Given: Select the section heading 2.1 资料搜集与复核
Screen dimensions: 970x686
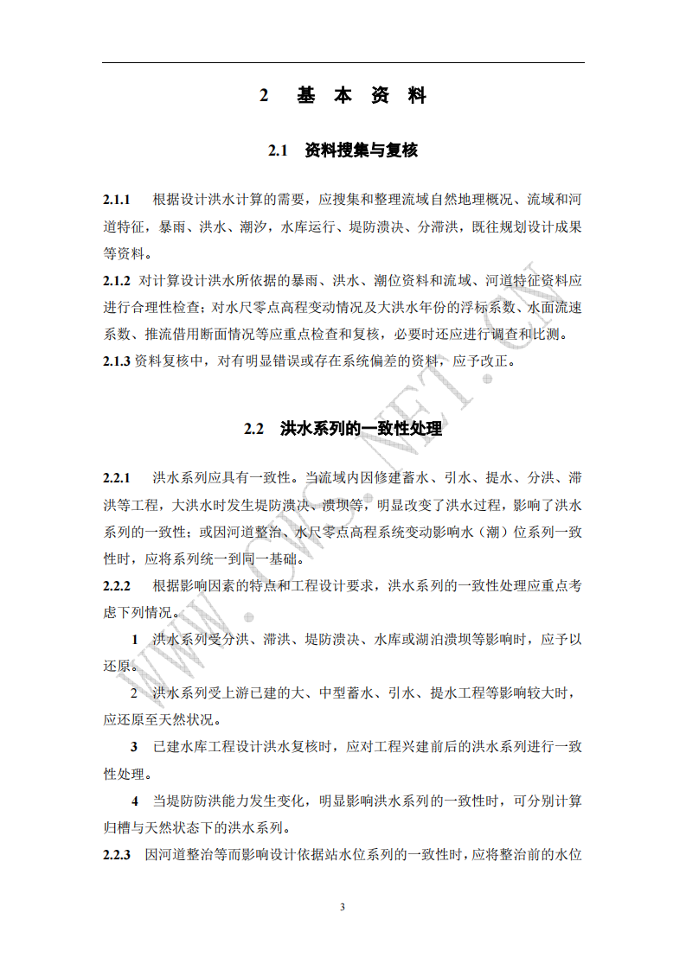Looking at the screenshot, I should [x=343, y=150].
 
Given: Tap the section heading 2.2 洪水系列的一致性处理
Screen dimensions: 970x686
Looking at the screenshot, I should [x=343, y=428].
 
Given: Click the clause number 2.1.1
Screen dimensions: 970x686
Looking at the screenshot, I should [x=116, y=201].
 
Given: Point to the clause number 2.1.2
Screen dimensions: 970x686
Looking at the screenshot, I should [x=116, y=281].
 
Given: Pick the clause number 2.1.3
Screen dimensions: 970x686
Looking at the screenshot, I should [x=116, y=361].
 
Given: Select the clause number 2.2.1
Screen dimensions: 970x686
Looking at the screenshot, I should [x=116, y=478].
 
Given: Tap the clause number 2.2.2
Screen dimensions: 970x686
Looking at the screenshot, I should [x=116, y=585].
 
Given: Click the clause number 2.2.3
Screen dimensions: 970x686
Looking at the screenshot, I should [x=116, y=855].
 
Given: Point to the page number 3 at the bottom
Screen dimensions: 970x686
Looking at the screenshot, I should [x=343, y=907].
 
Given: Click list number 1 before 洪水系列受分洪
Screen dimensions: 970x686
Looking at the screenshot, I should [x=134, y=640].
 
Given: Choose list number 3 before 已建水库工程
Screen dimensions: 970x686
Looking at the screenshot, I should [x=134, y=747].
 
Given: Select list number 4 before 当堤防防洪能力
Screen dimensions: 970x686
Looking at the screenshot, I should [x=134, y=801].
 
